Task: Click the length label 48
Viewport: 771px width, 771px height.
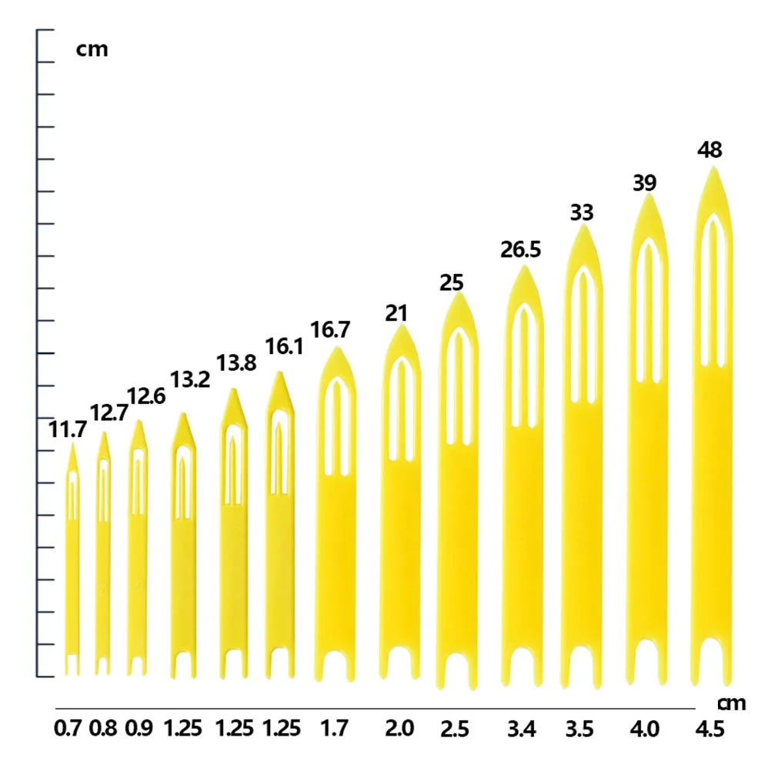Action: point(709,150)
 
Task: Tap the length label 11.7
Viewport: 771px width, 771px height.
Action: point(68,430)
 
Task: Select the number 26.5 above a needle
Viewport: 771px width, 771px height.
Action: point(521,250)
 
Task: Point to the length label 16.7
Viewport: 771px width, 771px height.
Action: point(330,330)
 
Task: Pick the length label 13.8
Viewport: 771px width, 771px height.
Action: point(236,363)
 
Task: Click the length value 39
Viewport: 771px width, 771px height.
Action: point(644,183)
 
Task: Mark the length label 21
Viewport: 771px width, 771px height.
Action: point(396,314)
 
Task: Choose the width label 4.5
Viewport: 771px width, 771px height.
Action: point(709,729)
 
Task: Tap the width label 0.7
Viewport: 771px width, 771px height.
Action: point(68,728)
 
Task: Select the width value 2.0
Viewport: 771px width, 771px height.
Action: point(399,728)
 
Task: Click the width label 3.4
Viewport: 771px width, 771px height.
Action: point(522,729)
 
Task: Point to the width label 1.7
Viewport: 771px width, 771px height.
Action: point(334,728)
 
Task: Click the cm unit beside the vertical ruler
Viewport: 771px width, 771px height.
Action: point(92,50)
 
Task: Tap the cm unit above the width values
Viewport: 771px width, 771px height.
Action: point(732,703)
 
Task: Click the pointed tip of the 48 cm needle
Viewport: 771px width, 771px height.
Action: point(713,167)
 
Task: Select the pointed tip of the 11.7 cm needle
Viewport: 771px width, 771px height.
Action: point(73,443)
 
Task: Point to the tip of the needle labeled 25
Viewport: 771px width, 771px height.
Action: point(459,293)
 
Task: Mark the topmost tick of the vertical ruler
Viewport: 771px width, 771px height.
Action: point(45,30)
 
